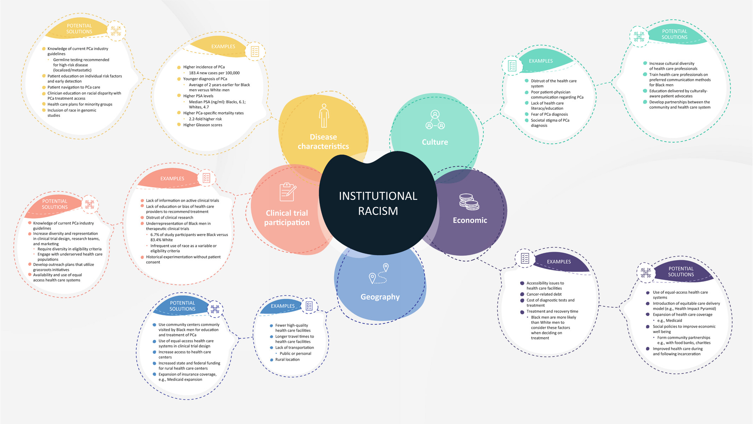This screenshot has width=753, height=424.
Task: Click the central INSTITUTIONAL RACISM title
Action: tap(378, 203)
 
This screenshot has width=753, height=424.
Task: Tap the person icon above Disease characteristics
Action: tap(324, 116)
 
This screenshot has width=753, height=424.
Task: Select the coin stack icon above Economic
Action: tap(469, 202)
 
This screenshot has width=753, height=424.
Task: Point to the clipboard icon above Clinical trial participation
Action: tap(288, 192)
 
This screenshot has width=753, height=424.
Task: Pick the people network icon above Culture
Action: tap(435, 120)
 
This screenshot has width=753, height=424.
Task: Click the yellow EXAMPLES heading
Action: tap(223, 46)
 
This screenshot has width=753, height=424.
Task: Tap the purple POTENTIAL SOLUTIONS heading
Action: tap(681, 271)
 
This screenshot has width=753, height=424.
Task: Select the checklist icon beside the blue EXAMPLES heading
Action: tap(309, 306)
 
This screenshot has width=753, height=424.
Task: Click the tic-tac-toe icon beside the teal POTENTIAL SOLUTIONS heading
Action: tap(639, 36)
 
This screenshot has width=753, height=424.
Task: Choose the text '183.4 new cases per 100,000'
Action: tap(214, 73)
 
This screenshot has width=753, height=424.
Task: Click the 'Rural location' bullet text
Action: tap(287, 360)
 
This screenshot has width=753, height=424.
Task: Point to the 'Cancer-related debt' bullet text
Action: tap(544, 294)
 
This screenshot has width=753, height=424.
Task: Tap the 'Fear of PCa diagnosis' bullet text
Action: tap(549, 114)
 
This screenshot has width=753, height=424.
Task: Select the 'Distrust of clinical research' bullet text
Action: tap(169, 218)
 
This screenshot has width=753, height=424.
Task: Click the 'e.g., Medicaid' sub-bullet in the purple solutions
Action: tap(669, 321)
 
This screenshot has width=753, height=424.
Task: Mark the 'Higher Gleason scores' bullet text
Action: tap(203, 125)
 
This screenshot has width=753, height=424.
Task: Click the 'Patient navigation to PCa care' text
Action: tap(74, 87)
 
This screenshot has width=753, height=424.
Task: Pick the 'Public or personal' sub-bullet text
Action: tap(295, 354)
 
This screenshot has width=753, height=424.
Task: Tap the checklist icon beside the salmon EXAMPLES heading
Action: tap(206, 178)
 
